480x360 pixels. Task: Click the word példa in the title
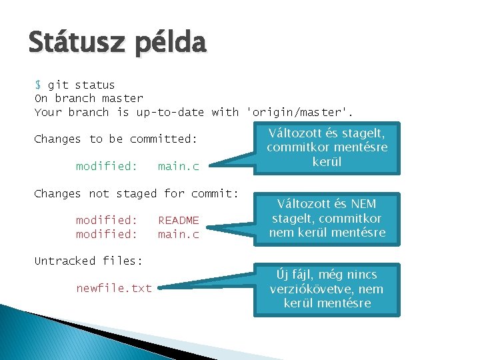tap(170, 45)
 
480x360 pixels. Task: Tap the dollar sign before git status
tap(38, 85)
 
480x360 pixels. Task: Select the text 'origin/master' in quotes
tap(299, 112)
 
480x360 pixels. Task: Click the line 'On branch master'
tap(89, 99)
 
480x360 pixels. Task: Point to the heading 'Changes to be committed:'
tap(116, 139)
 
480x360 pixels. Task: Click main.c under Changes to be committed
tap(178, 166)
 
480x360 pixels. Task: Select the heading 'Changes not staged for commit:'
tap(136, 193)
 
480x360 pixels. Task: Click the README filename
tap(178, 220)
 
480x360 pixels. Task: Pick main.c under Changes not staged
tap(178, 234)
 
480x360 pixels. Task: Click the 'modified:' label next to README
tap(106, 220)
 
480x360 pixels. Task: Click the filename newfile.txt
tap(113, 288)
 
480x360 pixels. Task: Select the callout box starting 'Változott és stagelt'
tap(327, 147)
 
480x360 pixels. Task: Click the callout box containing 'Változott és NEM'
tap(327, 218)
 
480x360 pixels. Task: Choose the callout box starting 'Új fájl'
tap(327, 289)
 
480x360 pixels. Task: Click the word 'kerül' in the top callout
tap(327, 162)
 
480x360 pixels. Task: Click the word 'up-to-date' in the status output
tap(170, 112)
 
